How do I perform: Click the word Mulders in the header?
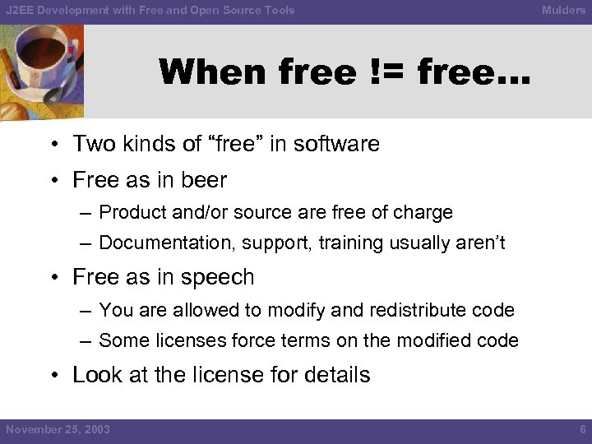pyautogui.click(x=563, y=11)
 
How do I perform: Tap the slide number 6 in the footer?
pyautogui.click(x=582, y=429)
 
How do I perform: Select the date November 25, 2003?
pyautogui.click(x=58, y=429)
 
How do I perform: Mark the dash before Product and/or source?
pyautogui.click(x=86, y=213)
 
